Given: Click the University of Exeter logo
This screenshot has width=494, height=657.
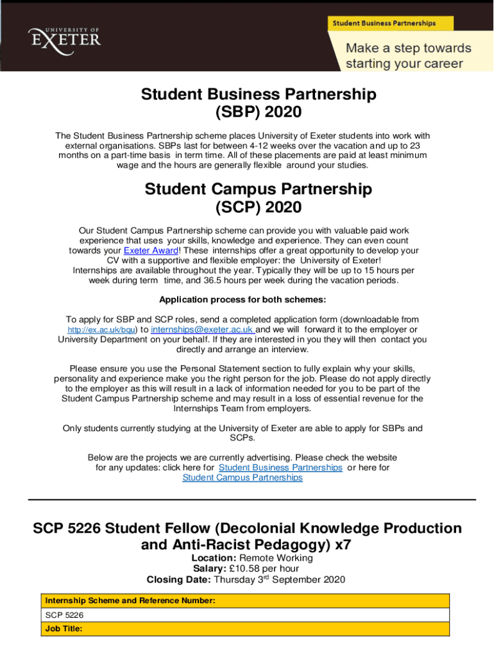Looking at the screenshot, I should click(64, 37).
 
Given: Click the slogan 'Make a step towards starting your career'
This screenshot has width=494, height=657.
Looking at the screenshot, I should click(408, 56).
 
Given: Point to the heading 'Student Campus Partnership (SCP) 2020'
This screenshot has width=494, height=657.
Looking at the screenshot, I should click(259, 199).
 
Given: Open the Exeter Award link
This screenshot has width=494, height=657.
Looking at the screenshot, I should click(151, 250).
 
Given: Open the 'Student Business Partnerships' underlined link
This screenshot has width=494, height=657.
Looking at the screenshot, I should click(280, 468).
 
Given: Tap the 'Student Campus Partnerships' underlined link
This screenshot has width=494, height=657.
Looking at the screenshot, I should click(243, 477).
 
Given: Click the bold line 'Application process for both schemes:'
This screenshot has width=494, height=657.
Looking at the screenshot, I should click(243, 300).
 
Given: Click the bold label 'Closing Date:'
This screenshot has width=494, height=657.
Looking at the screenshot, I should click(178, 580).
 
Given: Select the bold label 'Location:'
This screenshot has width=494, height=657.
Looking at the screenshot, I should click(214, 558).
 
